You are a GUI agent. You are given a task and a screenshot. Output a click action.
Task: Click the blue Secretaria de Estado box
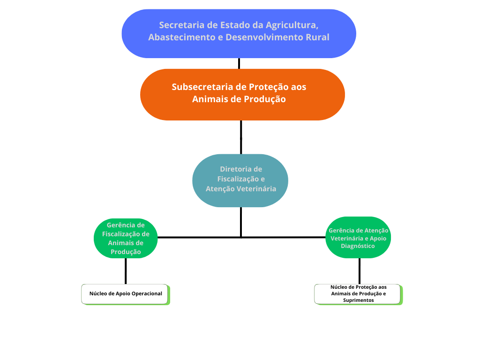tap(239, 34)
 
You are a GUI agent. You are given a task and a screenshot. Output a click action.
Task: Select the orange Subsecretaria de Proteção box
tap(242, 95)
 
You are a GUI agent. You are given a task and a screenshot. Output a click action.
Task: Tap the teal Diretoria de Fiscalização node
tap(240, 180)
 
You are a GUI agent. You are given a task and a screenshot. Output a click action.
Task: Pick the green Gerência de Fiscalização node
tap(126, 238)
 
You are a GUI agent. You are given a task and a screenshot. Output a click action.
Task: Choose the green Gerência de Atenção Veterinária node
tap(358, 238)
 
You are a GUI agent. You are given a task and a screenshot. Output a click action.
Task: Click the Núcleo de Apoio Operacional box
tap(126, 294)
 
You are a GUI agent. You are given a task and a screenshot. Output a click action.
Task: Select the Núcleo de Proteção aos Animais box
tap(359, 294)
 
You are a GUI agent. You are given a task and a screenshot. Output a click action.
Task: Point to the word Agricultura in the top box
tap(292, 25)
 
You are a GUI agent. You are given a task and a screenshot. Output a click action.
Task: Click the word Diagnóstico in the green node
tap(358, 246)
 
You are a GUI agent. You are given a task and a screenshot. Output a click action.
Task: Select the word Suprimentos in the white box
tap(359, 300)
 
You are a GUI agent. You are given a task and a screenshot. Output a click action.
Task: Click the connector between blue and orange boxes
tap(239, 63)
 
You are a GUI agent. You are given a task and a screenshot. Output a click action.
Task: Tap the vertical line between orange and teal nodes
tap(241, 137)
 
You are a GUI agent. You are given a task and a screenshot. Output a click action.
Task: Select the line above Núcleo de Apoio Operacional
tap(126, 271)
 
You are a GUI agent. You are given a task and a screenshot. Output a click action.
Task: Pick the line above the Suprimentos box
tap(360, 271)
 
